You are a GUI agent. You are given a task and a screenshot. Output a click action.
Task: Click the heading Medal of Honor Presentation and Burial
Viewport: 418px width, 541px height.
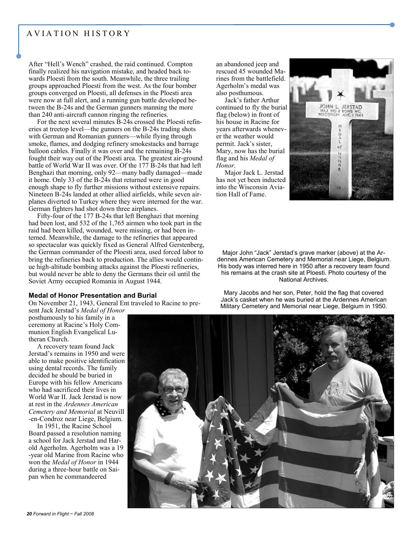click(92, 295)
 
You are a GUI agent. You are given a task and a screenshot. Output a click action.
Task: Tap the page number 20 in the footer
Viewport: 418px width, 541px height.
click(29, 514)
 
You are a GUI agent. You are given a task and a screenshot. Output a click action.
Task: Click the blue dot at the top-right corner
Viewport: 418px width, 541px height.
click(392, 25)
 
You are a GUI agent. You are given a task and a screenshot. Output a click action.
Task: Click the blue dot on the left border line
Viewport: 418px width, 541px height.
click(19, 56)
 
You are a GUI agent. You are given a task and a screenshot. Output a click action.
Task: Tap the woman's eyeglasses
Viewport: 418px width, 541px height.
click(174, 390)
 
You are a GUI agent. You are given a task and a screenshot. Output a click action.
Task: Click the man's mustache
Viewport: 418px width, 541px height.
click(332, 355)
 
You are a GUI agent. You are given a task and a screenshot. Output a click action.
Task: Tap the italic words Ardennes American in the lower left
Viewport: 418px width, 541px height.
click(90, 404)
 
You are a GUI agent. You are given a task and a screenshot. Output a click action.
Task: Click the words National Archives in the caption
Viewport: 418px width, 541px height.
click(303, 280)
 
